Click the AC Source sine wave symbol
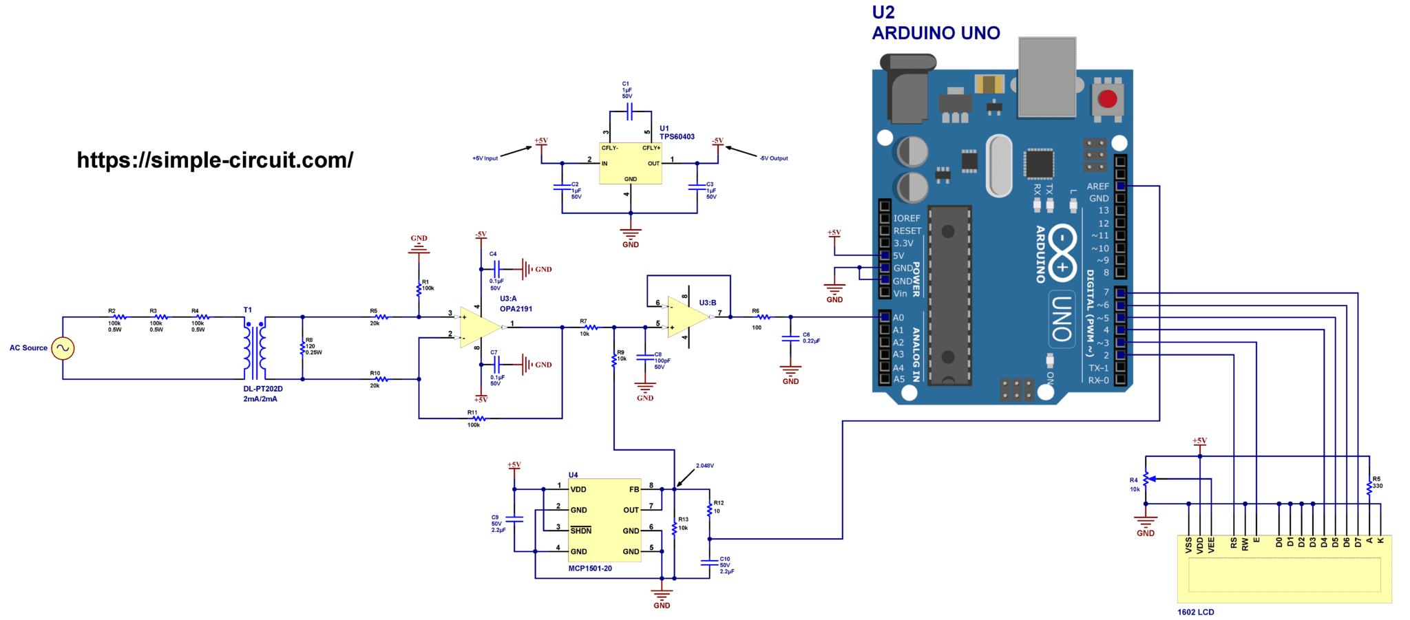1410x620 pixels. [x=63, y=348]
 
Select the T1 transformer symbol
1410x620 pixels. [x=255, y=349]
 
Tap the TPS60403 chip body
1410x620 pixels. [x=630, y=164]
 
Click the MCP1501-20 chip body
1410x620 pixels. [x=604, y=520]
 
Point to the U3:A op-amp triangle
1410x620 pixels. [x=479, y=327]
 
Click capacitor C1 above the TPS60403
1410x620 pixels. [x=629, y=111]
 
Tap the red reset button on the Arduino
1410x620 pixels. [x=1107, y=99]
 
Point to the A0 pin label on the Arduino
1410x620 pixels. [x=898, y=318]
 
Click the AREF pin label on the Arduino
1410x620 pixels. [x=1097, y=186]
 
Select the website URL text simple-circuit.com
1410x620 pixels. [x=215, y=160]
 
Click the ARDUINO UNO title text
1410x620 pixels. [x=936, y=33]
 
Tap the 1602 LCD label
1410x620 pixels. [x=1195, y=612]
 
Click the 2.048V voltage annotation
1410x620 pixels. [x=704, y=466]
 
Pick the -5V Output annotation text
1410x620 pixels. [x=773, y=158]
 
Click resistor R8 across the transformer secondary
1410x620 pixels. [x=302, y=348]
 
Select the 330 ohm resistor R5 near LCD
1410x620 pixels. [x=1369, y=488]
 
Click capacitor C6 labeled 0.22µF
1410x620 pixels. [x=790, y=339]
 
